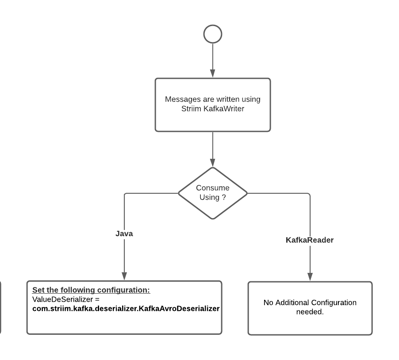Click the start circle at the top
(213, 34)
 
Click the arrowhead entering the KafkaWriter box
(213, 73)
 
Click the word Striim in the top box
(191, 109)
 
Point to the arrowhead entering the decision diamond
(213, 162)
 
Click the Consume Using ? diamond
(213, 193)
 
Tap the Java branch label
(124, 234)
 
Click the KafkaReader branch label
(310, 240)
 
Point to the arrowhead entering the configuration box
(124, 276)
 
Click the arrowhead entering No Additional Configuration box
(310, 277)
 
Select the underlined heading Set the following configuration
(91, 291)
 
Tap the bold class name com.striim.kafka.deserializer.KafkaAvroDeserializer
(126, 309)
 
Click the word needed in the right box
(310, 312)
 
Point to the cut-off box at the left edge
(0, 307)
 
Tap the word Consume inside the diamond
(213, 188)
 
